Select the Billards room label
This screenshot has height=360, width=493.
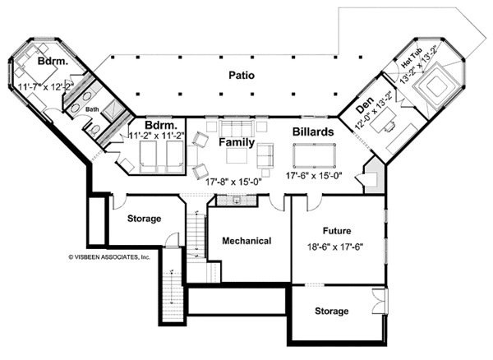312,132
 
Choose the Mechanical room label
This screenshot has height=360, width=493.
247,241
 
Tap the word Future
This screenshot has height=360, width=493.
337,231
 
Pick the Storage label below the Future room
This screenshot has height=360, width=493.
331,312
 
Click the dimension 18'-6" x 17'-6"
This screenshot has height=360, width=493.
337,246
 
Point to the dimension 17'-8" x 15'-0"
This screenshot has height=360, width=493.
235,174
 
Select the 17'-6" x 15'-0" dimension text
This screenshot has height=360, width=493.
314,174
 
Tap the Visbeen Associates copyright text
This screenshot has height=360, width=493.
109,256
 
